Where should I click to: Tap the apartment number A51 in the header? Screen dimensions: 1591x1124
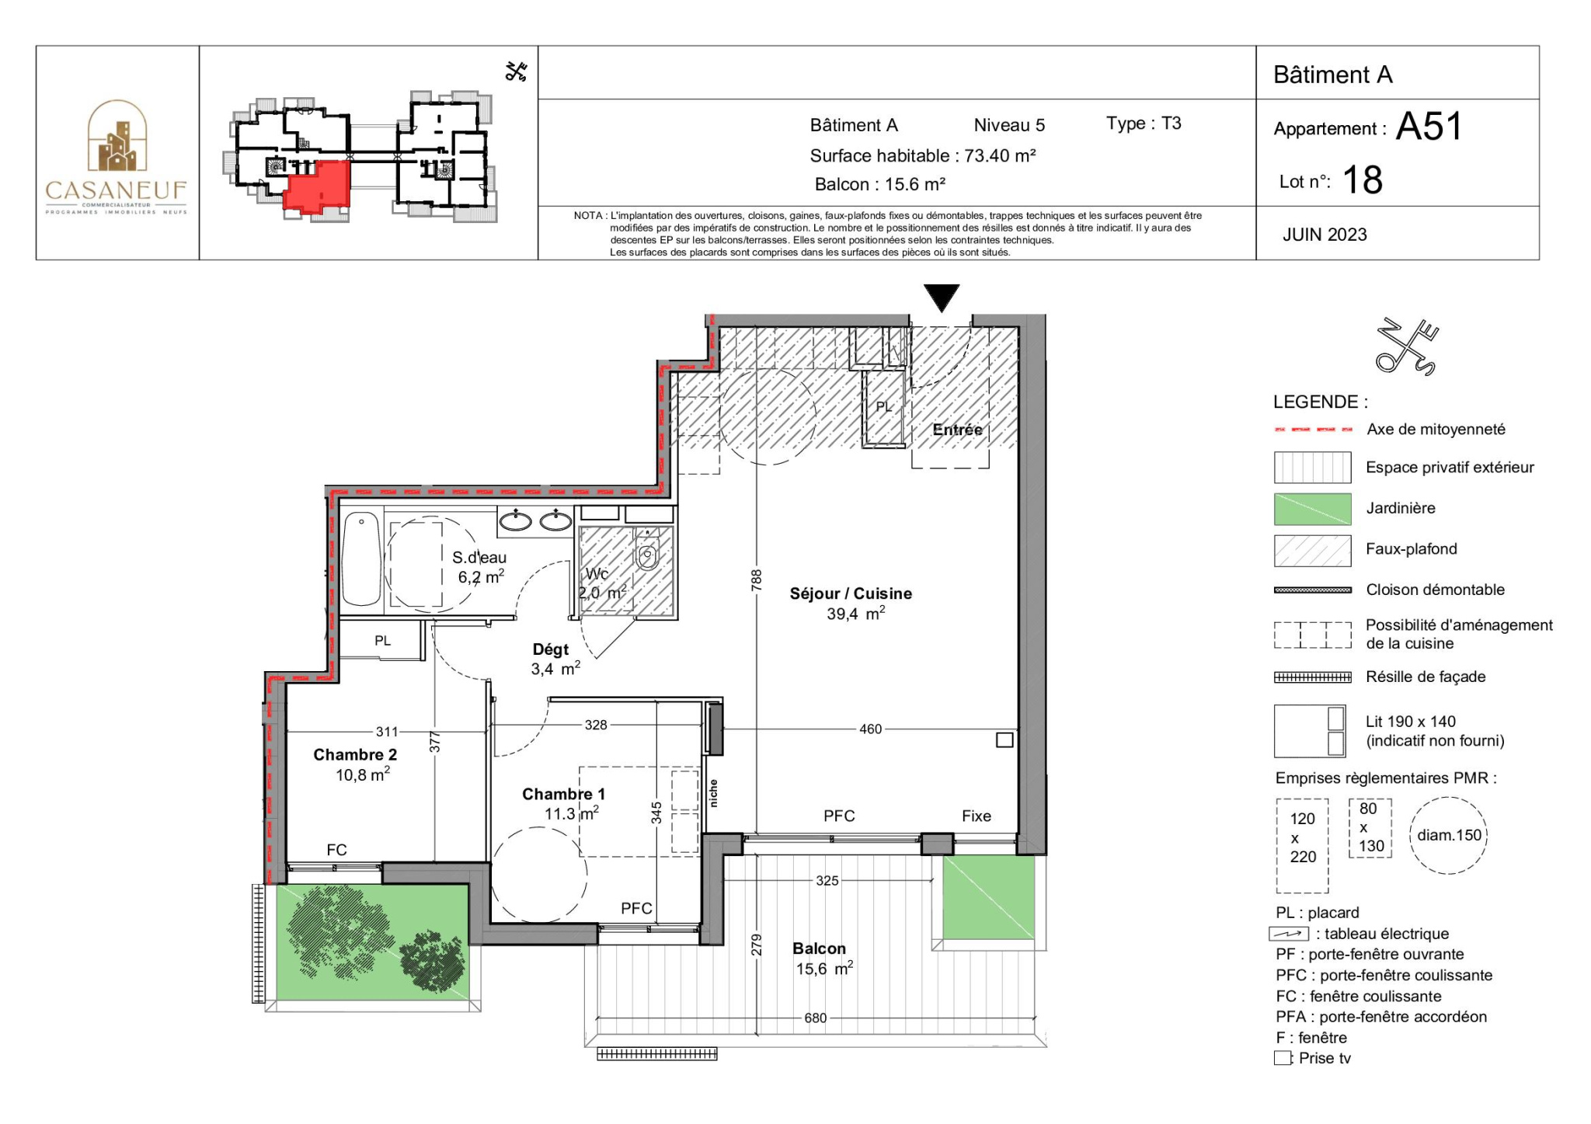click(x=1429, y=126)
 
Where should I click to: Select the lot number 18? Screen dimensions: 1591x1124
click(x=1363, y=180)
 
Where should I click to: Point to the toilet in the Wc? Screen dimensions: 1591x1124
click(x=646, y=553)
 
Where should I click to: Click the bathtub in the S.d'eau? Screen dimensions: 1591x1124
click(x=361, y=559)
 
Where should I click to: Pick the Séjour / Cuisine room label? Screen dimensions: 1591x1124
click(x=851, y=594)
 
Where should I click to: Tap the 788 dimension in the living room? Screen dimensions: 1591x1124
click(x=757, y=580)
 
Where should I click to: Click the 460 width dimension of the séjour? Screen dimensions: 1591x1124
click(x=870, y=729)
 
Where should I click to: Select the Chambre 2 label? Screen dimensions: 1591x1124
click(x=355, y=755)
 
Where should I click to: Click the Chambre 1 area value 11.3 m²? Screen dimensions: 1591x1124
click(x=572, y=813)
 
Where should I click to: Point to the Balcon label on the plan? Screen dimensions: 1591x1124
click(x=819, y=948)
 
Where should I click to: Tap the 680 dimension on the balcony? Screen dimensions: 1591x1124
click(x=815, y=1018)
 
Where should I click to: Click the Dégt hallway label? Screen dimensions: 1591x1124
click(x=551, y=649)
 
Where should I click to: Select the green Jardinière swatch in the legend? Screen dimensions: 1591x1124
click(x=1312, y=509)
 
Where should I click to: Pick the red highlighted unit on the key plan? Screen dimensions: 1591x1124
click(x=317, y=186)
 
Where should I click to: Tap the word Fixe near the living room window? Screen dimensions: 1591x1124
click(x=977, y=816)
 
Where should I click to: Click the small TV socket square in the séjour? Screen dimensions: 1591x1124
click(x=1004, y=740)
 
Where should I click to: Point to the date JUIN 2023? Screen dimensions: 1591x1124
click(x=1325, y=235)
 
